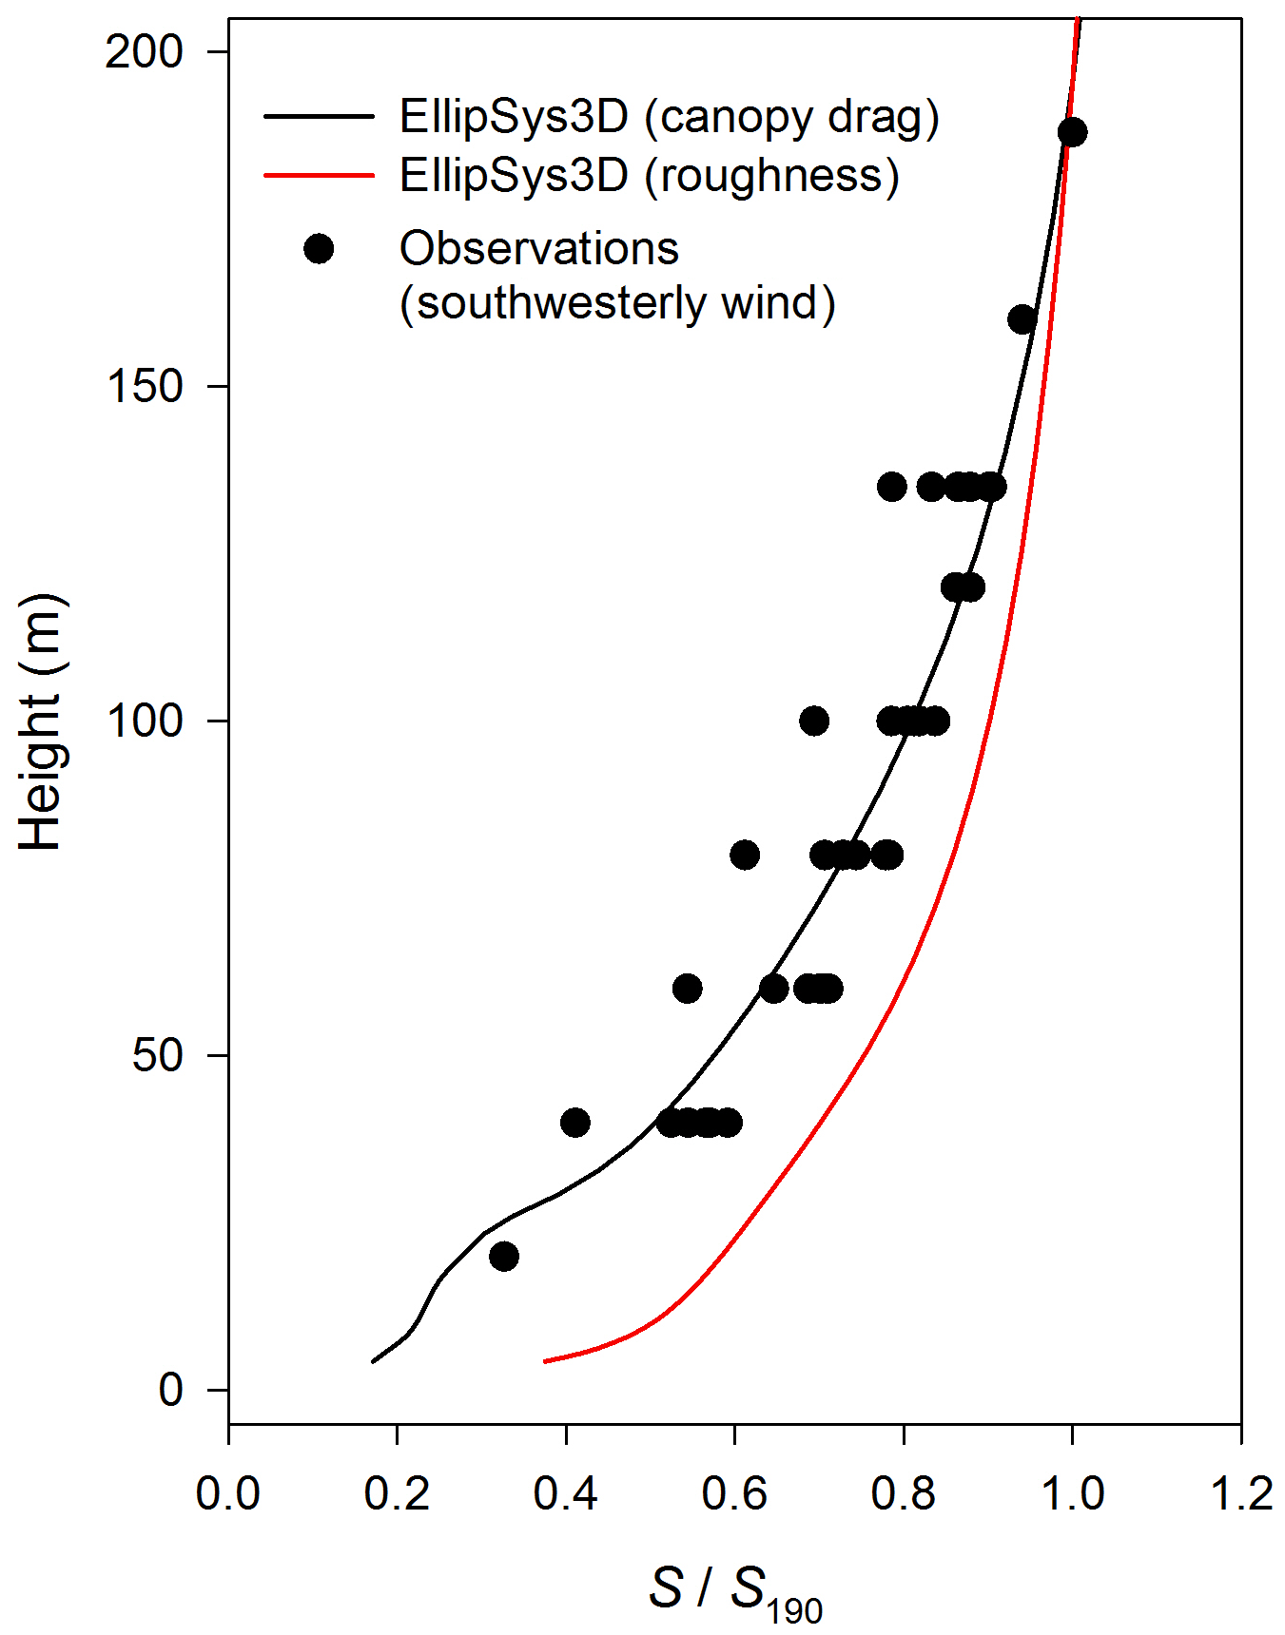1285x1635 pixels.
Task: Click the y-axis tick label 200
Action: coord(144,51)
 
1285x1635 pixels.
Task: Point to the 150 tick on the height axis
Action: coord(144,387)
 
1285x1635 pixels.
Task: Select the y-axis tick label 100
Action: coord(144,721)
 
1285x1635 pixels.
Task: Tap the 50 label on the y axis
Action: coord(157,1056)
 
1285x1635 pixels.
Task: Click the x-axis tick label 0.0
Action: coord(228,1493)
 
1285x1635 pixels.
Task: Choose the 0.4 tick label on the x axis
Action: coord(565,1493)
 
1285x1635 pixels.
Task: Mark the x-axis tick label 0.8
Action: coord(903,1493)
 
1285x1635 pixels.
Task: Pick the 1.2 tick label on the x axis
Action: coord(1240,1493)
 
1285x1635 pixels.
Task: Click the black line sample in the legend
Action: coord(319,117)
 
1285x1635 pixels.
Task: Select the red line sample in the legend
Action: coord(319,175)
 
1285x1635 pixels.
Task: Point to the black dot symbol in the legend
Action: coord(319,249)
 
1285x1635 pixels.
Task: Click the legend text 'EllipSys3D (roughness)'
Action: coord(649,176)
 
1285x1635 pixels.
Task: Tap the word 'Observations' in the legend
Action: coord(538,249)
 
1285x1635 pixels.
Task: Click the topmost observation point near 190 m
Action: coord(1072,132)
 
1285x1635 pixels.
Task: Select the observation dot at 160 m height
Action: coord(1022,319)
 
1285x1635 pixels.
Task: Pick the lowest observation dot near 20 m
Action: coord(504,1257)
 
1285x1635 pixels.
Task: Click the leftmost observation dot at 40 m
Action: coord(574,1123)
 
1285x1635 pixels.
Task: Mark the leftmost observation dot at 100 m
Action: coord(813,721)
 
